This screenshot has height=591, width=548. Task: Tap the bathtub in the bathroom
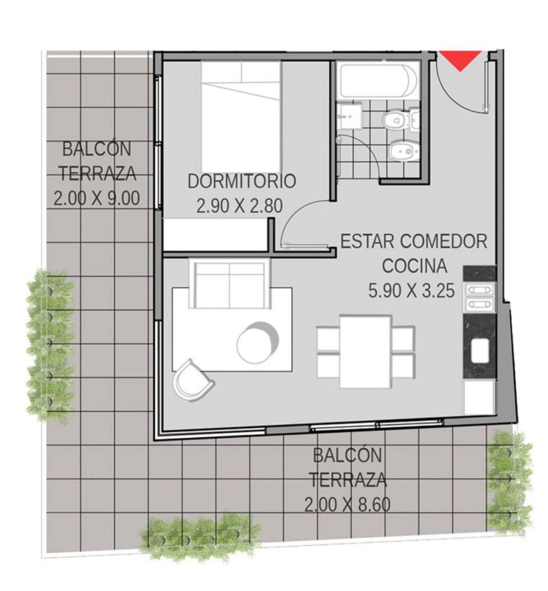(378, 81)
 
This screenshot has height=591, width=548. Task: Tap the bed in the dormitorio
(241, 117)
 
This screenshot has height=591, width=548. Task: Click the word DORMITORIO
(242, 181)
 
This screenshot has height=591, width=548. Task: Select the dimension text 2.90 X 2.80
(240, 206)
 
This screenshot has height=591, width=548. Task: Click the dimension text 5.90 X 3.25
(412, 291)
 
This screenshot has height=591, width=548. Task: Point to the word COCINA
(415, 266)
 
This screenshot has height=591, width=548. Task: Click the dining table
(365, 352)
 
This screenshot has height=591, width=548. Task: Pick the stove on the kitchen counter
(480, 297)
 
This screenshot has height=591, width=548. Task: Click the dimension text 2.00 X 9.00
(97, 198)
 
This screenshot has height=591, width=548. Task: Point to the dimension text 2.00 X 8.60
(347, 505)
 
